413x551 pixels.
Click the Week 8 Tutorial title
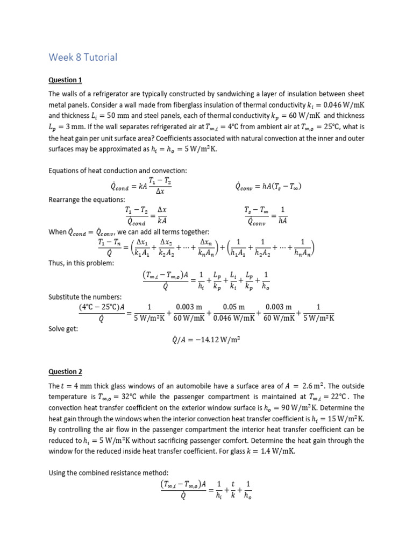pos(83,57)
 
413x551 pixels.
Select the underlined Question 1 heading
pos(65,80)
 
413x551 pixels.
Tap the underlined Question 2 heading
pos(65,371)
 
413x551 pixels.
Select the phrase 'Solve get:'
pos(63,329)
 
